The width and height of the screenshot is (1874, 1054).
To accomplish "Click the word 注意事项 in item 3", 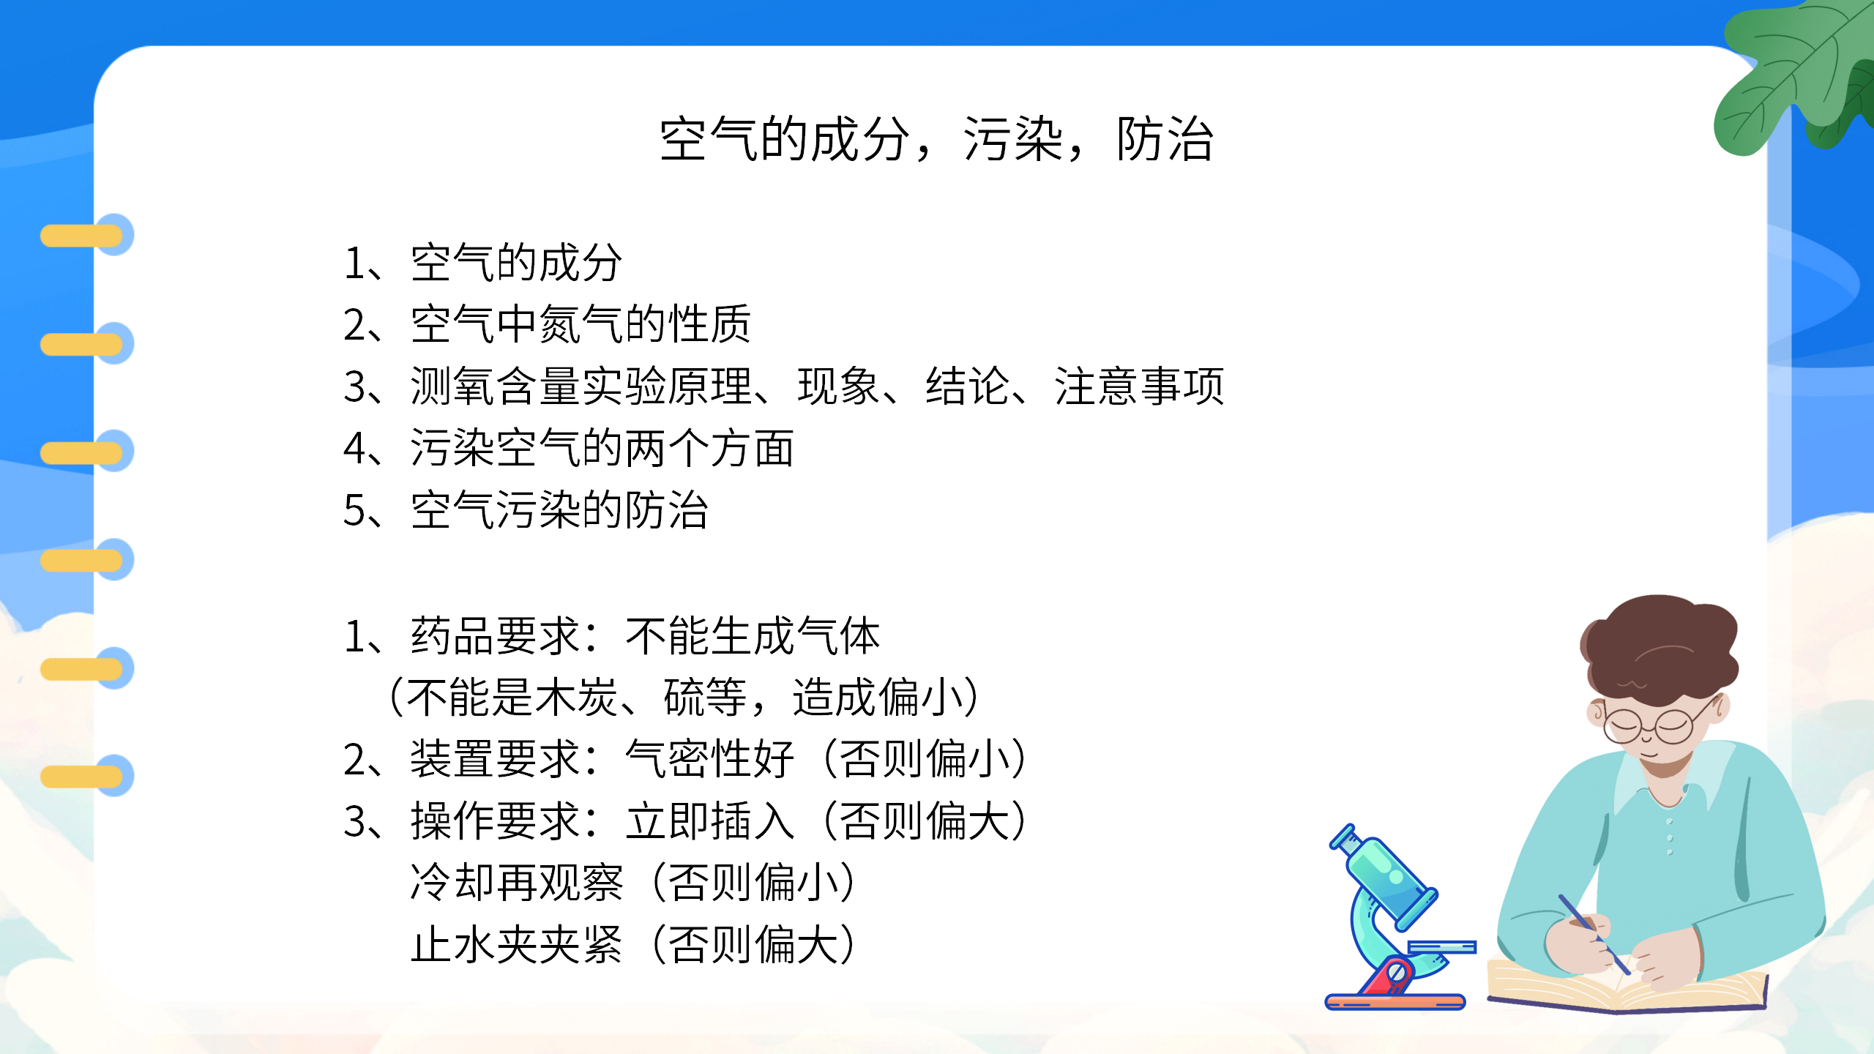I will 1139,386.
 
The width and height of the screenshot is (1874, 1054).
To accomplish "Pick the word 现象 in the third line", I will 837,386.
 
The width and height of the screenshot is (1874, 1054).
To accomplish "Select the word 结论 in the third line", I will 966,386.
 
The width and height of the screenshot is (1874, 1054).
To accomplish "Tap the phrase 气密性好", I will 710,759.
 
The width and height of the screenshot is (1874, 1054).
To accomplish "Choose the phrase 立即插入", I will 710,821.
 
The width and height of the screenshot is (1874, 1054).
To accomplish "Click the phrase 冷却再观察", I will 517,883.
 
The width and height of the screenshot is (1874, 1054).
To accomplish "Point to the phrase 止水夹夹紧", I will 517,944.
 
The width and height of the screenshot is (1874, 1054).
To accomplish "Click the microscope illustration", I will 1391,922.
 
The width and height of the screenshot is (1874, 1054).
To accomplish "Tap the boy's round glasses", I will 1651,725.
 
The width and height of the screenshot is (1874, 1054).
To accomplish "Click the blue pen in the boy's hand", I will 1592,933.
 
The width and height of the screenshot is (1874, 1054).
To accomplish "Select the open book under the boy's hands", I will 1625,988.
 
